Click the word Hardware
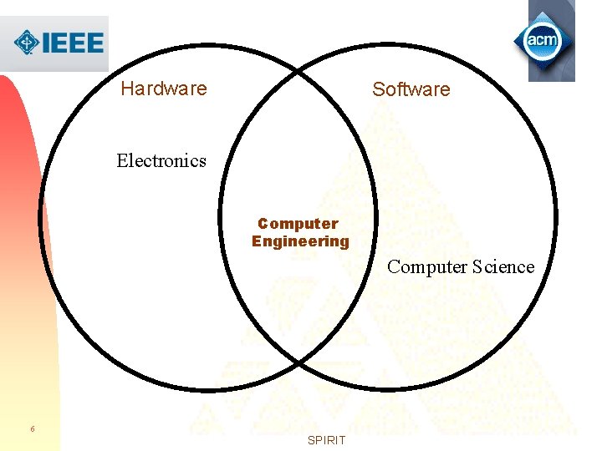[164, 89]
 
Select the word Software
[411, 89]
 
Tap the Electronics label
[161, 160]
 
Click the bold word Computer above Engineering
[298, 224]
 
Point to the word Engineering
[300, 241]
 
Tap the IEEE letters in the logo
[73, 43]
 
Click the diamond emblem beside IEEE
[27, 43]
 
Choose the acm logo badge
[543, 40]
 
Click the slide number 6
[33, 428]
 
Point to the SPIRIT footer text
[327, 440]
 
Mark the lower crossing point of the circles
[298, 362]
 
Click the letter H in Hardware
[127, 89]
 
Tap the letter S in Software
[378, 89]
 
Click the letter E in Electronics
[122, 160]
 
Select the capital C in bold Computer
[263, 224]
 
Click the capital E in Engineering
[257, 241]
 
